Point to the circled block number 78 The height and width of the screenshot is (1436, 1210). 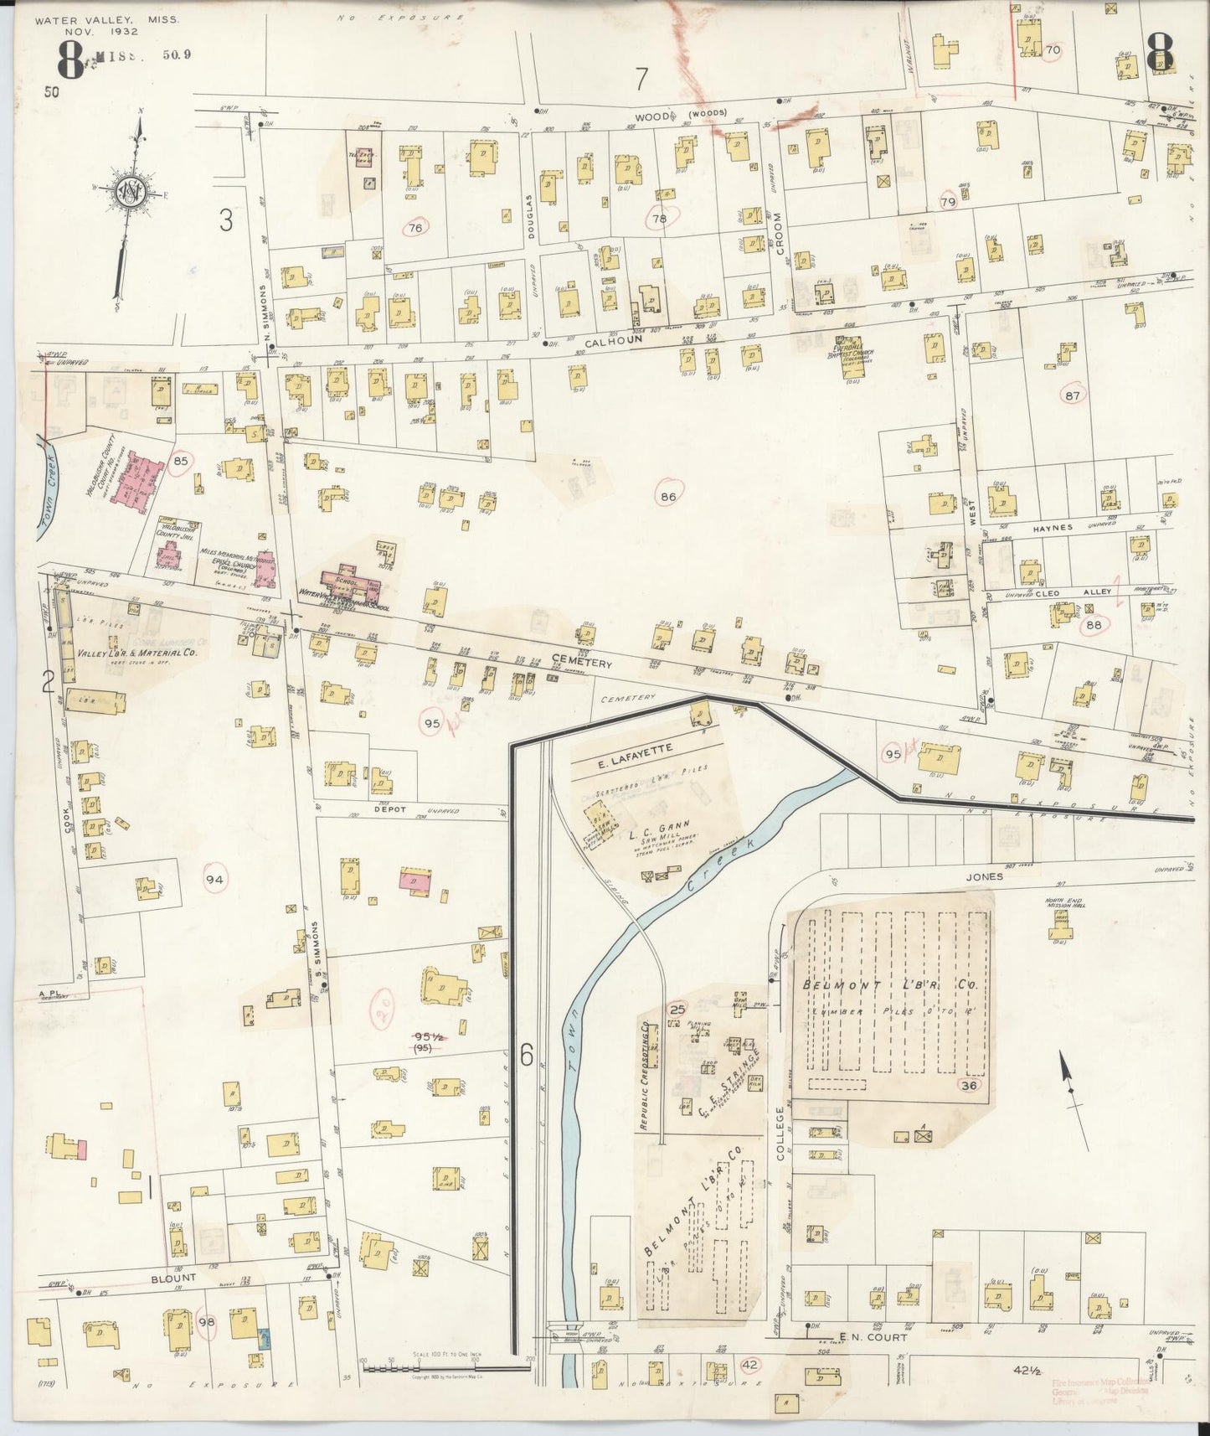click(660, 219)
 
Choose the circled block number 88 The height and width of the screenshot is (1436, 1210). click(1094, 625)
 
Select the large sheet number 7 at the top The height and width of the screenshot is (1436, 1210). click(641, 79)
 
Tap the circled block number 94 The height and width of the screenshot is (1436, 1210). click(216, 879)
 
